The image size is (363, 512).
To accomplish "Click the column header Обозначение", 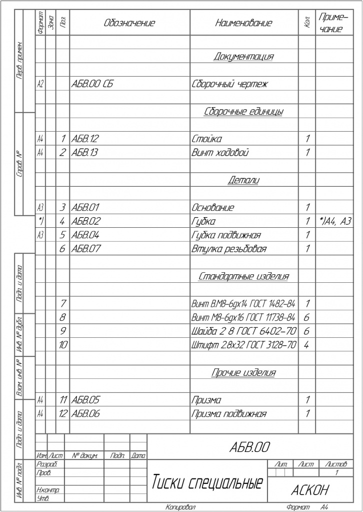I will click(x=129, y=23).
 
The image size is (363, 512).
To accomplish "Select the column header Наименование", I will click(x=243, y=23).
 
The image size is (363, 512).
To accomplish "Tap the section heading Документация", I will click(x=243, y=56).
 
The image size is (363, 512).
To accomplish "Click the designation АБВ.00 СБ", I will click(x=92, y=84).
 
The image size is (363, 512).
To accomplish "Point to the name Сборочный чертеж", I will click(x=229, y=84).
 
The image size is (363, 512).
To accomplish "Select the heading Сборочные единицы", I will click(x=243, y=111).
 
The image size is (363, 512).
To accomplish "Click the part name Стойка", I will click(x=206, y=138).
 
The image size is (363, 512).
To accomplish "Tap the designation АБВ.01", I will click(x=86, y=207).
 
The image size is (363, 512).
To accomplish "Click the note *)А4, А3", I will click(x=335, y=221).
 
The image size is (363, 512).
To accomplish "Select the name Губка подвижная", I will click(x=226, y=235).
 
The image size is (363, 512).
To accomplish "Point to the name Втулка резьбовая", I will click(x=229, y=248).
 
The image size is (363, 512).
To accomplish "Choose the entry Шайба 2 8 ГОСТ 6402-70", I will click(x=244, y=331).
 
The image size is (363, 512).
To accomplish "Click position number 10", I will click(x=63, y=345).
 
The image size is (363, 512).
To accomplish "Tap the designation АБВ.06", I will click(x=86, y=414).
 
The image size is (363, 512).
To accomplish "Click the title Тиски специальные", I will click(x=207, y=483).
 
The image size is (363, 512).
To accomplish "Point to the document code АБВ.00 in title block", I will click(x=250, y=446).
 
